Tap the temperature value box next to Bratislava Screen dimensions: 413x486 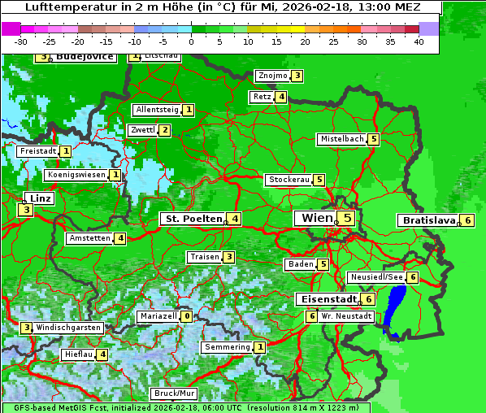[468, 220]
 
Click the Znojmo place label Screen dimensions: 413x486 [271, 76]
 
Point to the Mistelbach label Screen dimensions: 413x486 [341, 139]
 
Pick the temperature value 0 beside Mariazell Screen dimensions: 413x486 [187, 316]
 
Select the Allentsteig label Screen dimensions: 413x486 [157, 110]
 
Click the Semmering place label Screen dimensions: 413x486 [227, 347]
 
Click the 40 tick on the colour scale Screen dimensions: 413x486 [419, 41]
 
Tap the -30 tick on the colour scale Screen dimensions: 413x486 [21, 41]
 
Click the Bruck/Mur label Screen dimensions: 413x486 [174, 393]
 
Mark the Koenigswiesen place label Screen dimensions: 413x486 [76, 175]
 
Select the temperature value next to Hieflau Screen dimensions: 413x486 [102, 354]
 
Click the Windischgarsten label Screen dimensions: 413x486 [69, 328]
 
